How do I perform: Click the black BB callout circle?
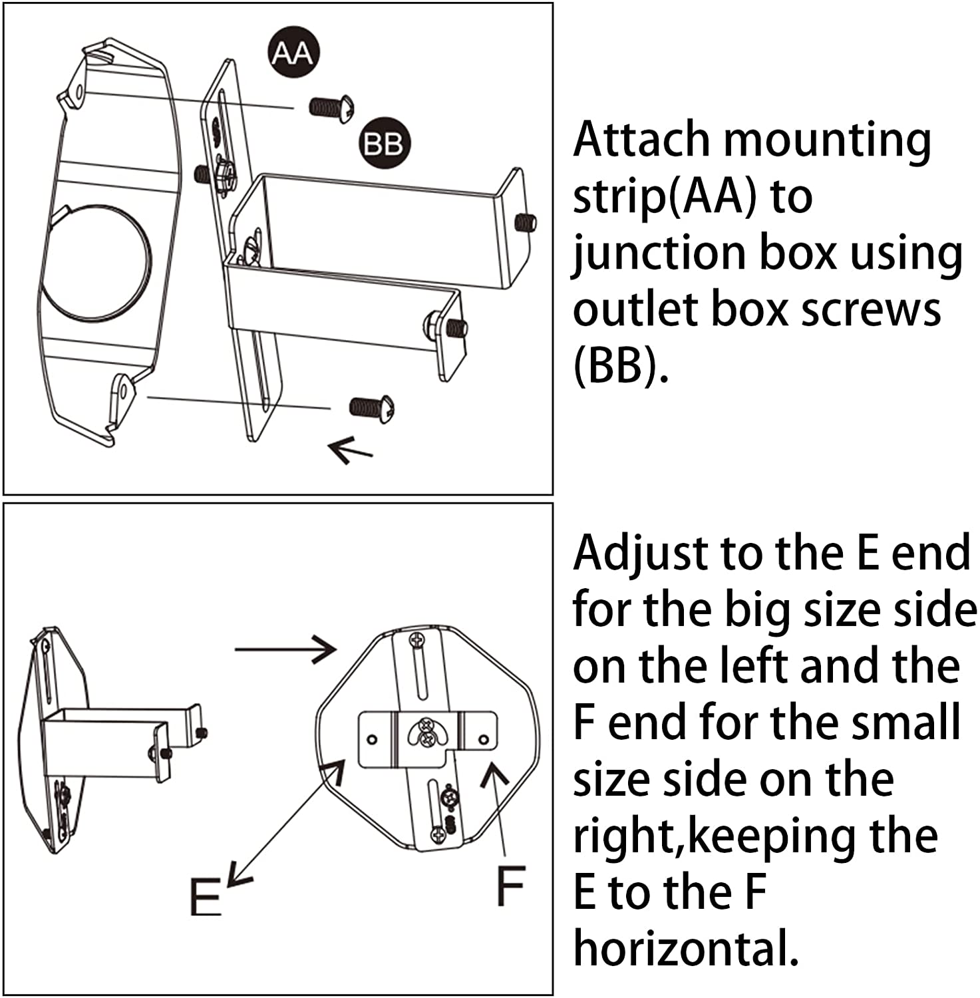[383, 143]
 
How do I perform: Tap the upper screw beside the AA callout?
[331, 108]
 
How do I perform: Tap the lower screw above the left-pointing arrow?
[373, 407]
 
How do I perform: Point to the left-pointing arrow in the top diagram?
[351, 450]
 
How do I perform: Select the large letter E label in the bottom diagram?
[205, 896]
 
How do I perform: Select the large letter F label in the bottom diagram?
[511, 885]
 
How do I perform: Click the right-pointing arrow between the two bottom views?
[286, 649]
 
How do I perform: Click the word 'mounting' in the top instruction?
[827, 141]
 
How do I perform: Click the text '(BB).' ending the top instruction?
[620, 366]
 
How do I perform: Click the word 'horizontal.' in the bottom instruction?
[686, 947]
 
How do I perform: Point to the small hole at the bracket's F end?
[484, 739]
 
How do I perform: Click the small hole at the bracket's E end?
[373, 739]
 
